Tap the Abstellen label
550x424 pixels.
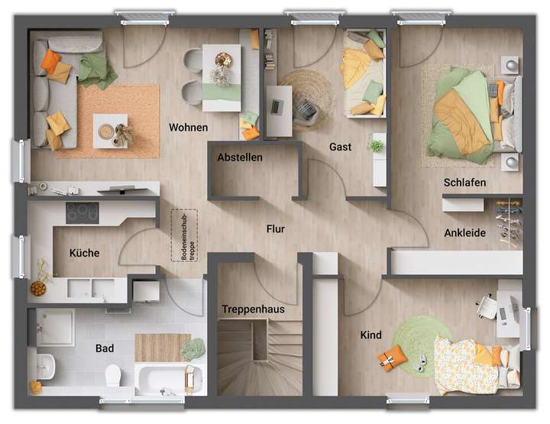click(239, 157)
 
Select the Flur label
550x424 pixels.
click(275, 228)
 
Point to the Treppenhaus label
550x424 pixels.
click(253, 309)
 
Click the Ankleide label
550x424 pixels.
click(464, 233)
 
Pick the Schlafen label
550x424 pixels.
click(464, 183)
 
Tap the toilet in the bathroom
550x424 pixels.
click(113, 375)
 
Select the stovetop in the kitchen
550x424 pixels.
click(82, 212)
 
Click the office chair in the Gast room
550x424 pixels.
click(306, 112)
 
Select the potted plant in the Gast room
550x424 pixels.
click(376, 145)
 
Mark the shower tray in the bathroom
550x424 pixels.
click(54, 327)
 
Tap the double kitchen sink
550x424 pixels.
click(90, 287)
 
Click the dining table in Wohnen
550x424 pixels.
click(222, 76)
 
